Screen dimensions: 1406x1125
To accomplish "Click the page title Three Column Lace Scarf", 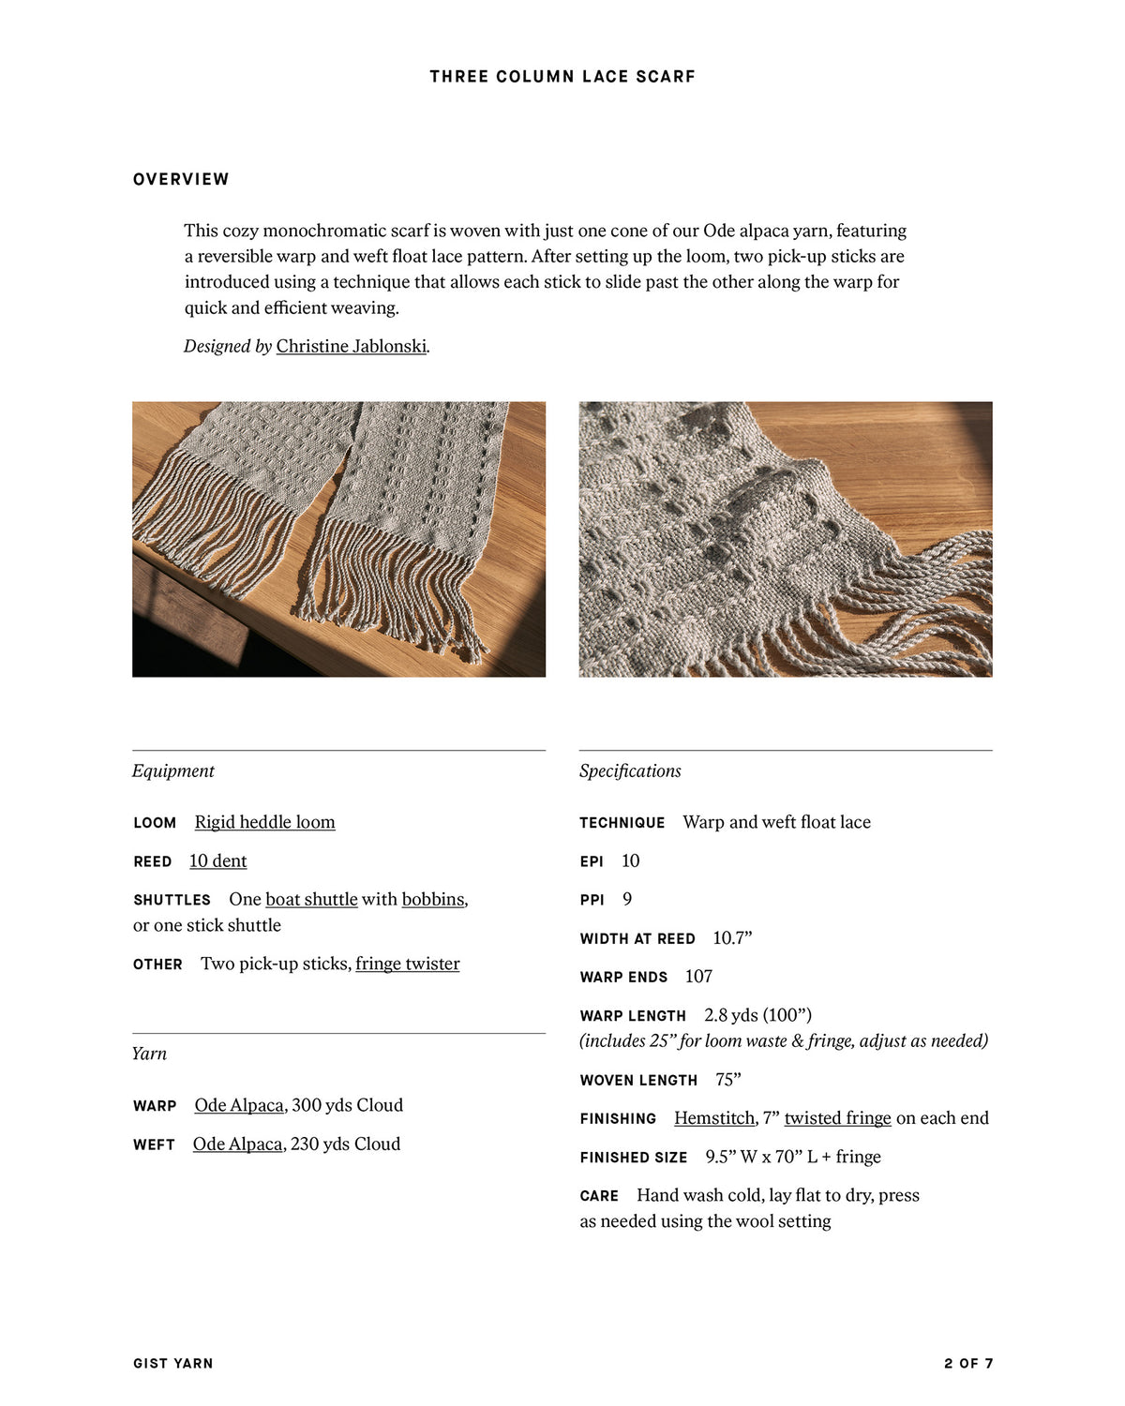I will [562, 77].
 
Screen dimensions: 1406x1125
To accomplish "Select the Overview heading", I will [181, 179].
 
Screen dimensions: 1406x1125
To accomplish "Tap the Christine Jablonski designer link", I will [351, 346].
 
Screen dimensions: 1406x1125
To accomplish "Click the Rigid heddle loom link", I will [264, 822].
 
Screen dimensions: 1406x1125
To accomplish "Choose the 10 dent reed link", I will [217, 860].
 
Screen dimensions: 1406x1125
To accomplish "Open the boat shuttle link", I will [311, 899].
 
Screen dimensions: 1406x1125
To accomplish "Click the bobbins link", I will [433, 899].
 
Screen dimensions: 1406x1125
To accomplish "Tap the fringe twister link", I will [407, 964].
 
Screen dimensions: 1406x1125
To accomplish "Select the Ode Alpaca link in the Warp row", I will [239, 1105].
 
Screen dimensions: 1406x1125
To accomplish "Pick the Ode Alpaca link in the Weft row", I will [237, 1144].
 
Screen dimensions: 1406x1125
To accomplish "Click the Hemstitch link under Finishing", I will [714, 1118].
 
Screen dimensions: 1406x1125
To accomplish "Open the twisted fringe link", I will [837, 1118].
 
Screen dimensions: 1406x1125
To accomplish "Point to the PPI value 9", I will [627, 899].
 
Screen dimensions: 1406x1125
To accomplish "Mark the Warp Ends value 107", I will [698, 977].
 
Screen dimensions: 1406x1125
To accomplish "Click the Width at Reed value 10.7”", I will [732, 938].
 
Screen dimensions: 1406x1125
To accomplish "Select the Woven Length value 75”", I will [727, 1080].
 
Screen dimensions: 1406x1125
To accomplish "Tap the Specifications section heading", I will [630, 770].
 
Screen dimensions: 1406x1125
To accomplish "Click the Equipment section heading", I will [173, 770].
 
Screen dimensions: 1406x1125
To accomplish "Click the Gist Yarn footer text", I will [173, 1363].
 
